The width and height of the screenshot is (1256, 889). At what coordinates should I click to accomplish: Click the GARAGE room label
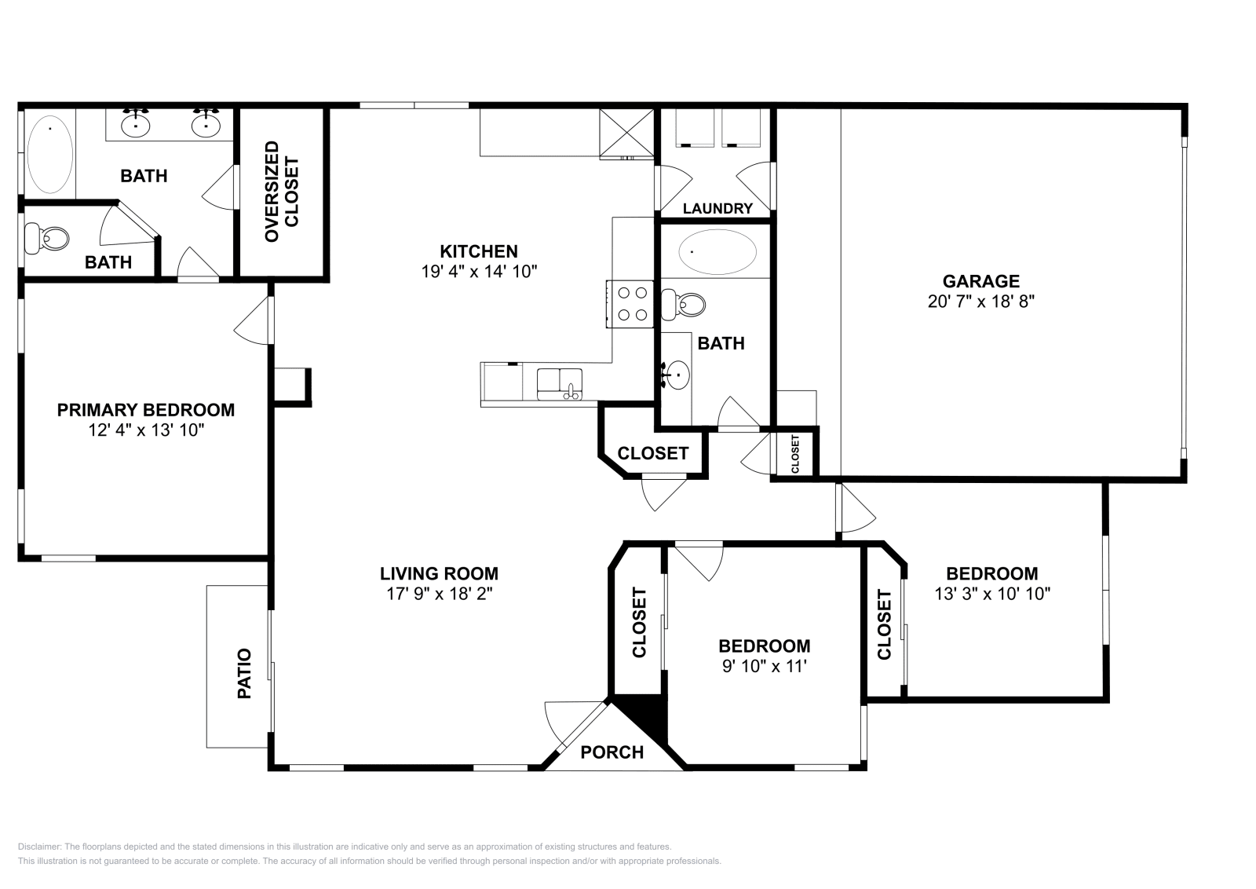point(980,281)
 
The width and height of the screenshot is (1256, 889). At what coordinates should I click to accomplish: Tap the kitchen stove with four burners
point(632,304)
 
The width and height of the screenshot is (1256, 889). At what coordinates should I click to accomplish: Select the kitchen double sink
point(560,383)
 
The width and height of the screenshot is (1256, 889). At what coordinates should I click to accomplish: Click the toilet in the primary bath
point(47,237)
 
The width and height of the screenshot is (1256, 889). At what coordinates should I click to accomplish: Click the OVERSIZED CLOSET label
point(282,192)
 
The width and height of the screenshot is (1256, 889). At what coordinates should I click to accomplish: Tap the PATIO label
point(244,673)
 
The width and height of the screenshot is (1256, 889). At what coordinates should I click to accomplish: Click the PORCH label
point(612,752)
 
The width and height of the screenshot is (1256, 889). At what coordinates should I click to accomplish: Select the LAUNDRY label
point(717,208)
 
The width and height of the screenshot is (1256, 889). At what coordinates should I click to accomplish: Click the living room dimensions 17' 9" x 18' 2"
point(439,594)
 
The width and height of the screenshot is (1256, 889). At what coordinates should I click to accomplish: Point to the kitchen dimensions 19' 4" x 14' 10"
point(478,272)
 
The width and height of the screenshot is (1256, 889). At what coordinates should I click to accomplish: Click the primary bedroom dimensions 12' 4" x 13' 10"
point(146,430)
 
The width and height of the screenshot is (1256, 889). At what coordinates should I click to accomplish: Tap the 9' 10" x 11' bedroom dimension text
point(764,667)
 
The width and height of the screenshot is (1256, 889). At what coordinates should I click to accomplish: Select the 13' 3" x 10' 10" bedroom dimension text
point(991,594)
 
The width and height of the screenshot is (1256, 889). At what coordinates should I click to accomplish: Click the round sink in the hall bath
point(677,375)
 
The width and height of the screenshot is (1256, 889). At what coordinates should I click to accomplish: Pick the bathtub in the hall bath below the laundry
point(717,251)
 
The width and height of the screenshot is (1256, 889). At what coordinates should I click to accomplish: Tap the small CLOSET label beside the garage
point(795,454)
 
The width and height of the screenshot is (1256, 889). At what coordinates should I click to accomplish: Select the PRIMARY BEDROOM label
point(146,409)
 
